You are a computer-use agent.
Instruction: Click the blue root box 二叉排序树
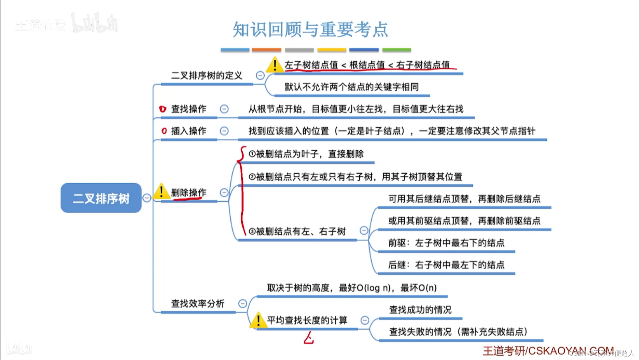tap(101, 198)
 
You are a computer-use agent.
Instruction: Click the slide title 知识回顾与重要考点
tap(310, 29)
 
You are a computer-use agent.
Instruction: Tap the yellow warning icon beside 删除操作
tap(161, 192)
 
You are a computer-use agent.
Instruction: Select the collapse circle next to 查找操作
tap(224, 109)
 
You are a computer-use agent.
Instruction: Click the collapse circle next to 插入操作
tap(224, 131)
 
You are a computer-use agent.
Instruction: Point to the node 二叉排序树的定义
tap(206, 76)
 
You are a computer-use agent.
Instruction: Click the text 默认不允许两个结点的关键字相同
tap(351, 87)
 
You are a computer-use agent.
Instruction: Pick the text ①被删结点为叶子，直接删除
tap(306, 154)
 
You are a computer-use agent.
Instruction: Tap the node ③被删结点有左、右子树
tap(297, 232)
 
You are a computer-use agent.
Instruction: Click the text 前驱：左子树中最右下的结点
tap(446, 243)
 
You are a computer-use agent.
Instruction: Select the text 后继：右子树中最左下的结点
tap(446, 265)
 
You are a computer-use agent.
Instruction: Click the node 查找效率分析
tap(198, 304)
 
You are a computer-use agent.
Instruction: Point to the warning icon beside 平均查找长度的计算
tap(258, 320)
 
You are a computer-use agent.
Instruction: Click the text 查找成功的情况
tap(420, 310)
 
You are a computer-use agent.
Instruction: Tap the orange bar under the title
tap(266, 50)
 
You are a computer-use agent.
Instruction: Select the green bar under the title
tap(397, 50)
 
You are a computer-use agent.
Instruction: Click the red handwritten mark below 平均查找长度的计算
tap(309, 338)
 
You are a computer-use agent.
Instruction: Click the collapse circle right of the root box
tap(147, 198)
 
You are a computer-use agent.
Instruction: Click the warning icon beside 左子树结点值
tap(275, 65)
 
